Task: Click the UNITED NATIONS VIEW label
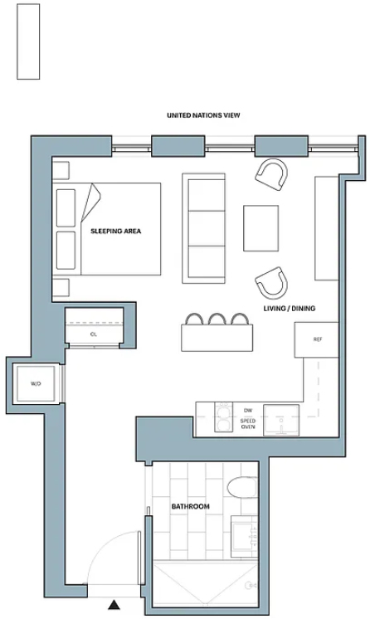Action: point(203,115)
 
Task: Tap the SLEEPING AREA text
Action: point(115,232)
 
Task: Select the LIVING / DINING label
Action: point(290,309)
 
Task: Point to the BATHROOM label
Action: point(190,506)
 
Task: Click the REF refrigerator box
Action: point(316,340)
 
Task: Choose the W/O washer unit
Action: point(36,383)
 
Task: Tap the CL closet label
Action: point(94,334)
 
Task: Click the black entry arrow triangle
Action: point(114,604)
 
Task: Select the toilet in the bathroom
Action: point(241,488)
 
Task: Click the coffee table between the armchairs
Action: point(260,228)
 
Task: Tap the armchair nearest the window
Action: point(271,174)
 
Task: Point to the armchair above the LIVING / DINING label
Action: point(271,284)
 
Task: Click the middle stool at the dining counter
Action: point(217,319)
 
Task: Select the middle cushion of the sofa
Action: point(207,228)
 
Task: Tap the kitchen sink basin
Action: point(281,420)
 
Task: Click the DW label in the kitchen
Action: point(248,411)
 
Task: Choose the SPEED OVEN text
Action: point(248,424)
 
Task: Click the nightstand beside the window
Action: point(61,171)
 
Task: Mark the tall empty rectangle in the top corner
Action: point(28,41)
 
